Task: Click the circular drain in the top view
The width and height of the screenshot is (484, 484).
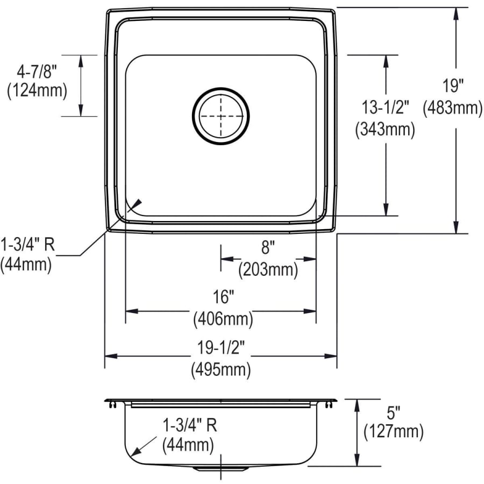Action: click(x=220, y=116)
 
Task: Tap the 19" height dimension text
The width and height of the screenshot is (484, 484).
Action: click(x=453, y=86)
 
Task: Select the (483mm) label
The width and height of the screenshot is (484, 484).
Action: click(x=453, y=109)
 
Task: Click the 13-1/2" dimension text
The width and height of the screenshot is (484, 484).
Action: click(x=385, y=108)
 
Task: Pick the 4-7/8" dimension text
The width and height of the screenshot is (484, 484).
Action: click(x=37, y=69)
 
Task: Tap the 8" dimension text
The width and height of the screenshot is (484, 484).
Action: click(x=267, y=247)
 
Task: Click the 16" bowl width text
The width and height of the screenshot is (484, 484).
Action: click(x=222, y=297)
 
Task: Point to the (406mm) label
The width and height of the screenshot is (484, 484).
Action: click(x=222, y=319)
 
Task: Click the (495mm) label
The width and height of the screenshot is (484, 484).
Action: click(x=220, y=370)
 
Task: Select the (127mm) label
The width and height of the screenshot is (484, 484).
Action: click(x=393, y=431)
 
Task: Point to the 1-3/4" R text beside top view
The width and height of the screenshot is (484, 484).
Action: click(x=27, y=245)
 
